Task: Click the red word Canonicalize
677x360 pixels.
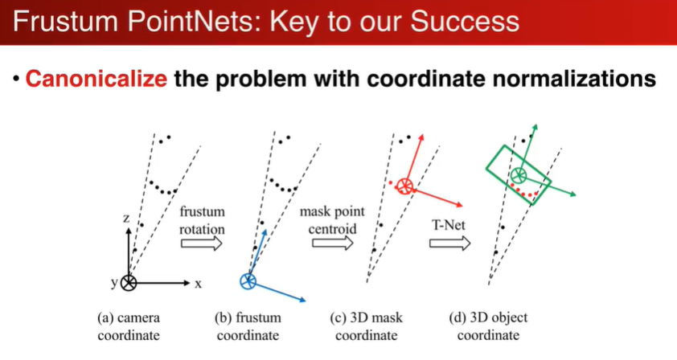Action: point(96,80)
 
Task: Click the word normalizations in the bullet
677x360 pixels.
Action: point(566,80)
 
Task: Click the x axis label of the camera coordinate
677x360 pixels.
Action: point(196,284)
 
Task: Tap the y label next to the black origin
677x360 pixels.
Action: point(114,283)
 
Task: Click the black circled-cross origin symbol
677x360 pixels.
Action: point(129,282)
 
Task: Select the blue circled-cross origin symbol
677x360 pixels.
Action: point(248,280)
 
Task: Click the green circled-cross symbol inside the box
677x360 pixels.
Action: point(519,174)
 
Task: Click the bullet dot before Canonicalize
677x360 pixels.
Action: point(14,81)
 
